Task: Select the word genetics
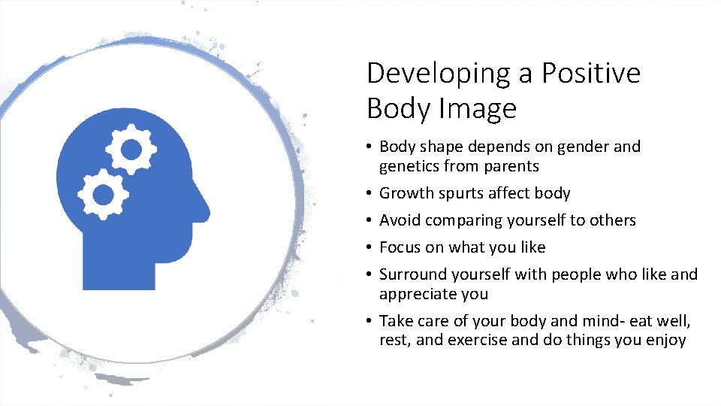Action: [409, 166]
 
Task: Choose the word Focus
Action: [400, 247]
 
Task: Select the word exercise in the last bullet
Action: [478, 340]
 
